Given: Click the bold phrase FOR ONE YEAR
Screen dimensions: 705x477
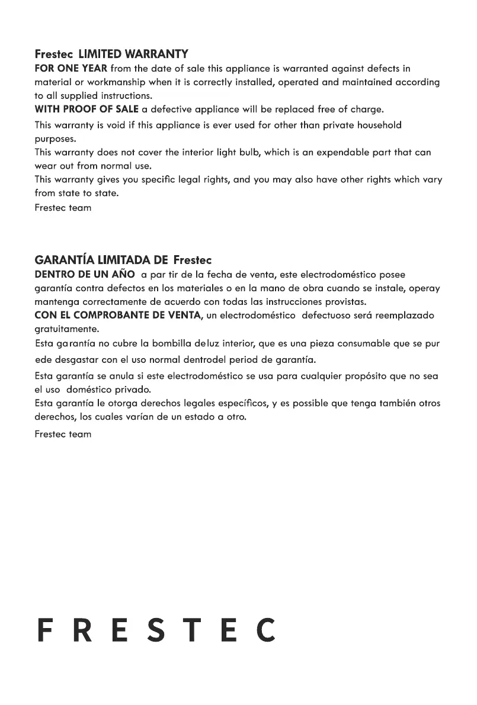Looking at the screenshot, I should (x=71, y=69).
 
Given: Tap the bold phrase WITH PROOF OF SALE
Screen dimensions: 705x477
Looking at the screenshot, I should (x=87, y=110).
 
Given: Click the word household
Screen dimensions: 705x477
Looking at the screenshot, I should (x=374, y=125).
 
